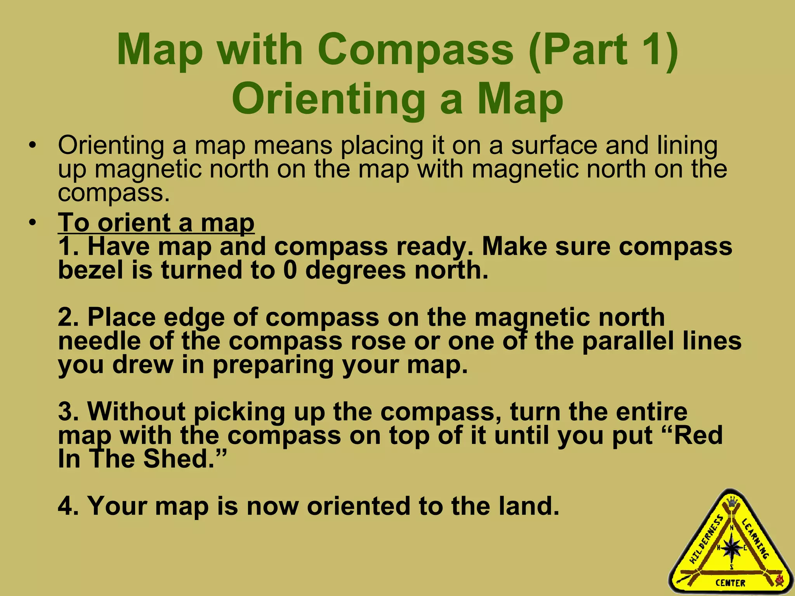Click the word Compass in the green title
tap(417, 50)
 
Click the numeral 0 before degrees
tap(290, 270)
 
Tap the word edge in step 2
tap(194, 317)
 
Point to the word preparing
tap(273, 366)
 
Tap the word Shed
tap(179, 459)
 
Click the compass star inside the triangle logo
tap(732, 547)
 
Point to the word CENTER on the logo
tap(731, 583)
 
